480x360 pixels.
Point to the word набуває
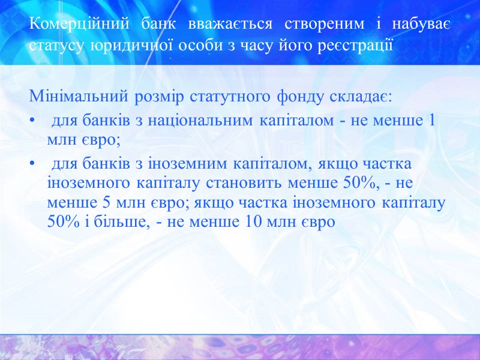pos(421,25)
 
